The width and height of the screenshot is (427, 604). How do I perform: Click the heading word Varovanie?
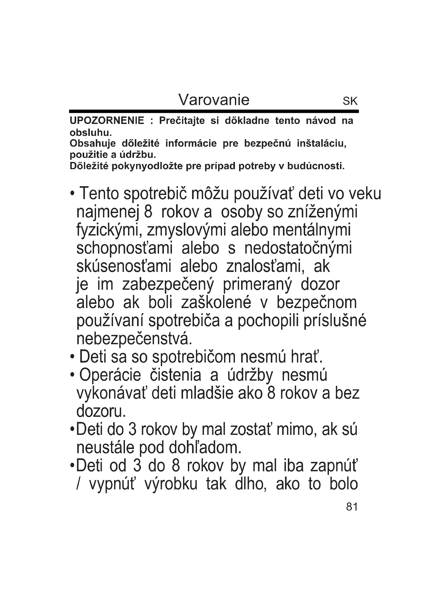[214, 100]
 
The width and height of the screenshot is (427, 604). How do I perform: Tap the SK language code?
[350, 101]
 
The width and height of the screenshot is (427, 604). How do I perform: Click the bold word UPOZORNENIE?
[107, 121]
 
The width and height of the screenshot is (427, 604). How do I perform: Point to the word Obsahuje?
[93, 144]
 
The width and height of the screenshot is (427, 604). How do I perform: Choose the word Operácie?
[110, 376]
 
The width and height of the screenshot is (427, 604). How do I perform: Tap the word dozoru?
[101, 412]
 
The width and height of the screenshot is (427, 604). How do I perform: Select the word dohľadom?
[205, 448]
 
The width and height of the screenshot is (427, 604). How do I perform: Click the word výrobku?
[171, 484]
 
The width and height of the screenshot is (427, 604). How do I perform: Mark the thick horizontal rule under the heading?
[214, 112]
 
